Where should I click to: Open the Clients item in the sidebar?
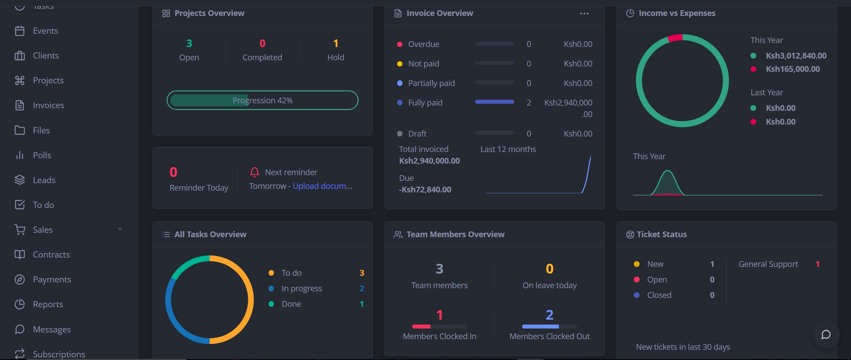(x=46, y=56)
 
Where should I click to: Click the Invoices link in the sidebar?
(x=48, y=106)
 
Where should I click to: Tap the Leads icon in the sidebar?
(x=20, y=180)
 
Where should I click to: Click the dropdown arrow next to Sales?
(x=120, y=229)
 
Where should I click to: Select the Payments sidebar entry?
(x=51, y=280)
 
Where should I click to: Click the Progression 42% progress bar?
(x=262, y=100)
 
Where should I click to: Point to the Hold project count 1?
(x=336, y=43)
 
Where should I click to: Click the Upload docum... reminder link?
(x=322, y=186)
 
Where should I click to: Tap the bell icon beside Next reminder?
(x=254, y=172)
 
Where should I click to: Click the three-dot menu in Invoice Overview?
(x=584, y=14)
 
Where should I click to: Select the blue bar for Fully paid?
(x=494, y=102)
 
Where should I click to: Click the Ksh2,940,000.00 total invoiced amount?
(x=429, y=161)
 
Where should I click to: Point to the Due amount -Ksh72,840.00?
(x=425, y=190)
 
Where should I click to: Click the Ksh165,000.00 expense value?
(x=792, y=69)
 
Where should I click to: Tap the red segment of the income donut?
(x=675, y=38)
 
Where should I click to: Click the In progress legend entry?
(x=301, y=289)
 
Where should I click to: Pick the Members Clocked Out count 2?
(x=549, y=315)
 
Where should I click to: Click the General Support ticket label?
(x=768, y=264)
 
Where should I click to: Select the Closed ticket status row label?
(x=659, y=295)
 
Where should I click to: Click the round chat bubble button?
(x=826, y=334)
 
